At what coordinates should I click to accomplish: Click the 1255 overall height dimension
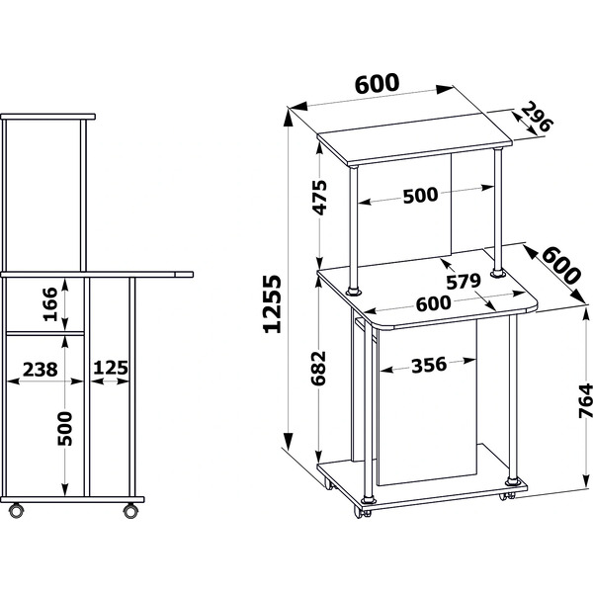click(272, 303)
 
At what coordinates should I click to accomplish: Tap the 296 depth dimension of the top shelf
click(537, 117)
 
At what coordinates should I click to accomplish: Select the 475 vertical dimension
click(320, 197)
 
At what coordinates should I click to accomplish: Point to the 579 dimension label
click(464, 282)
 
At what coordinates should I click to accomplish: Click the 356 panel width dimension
click(429, 366)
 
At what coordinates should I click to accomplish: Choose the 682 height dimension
click(318, 368)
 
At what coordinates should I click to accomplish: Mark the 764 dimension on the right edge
click(585, 400)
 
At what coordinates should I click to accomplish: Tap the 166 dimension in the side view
click(50, 304)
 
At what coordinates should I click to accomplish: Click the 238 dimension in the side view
click(41, 369)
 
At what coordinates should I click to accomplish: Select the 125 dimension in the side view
click(111, 368)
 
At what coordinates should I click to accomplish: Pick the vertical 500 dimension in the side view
click(64, 429)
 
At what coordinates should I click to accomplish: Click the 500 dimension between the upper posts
click(421, 196)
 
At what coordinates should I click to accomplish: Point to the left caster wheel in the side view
click(16, 510)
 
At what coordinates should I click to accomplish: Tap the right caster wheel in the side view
click(130, 511)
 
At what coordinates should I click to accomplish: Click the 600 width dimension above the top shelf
click(378, 84)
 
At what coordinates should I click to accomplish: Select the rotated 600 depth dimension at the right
click(561, 265)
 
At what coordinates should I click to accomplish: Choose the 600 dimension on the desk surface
click(434, 303)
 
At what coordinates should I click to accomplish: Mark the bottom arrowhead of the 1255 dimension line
click(289, 441)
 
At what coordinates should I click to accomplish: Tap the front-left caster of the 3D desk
click(362, 511)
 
